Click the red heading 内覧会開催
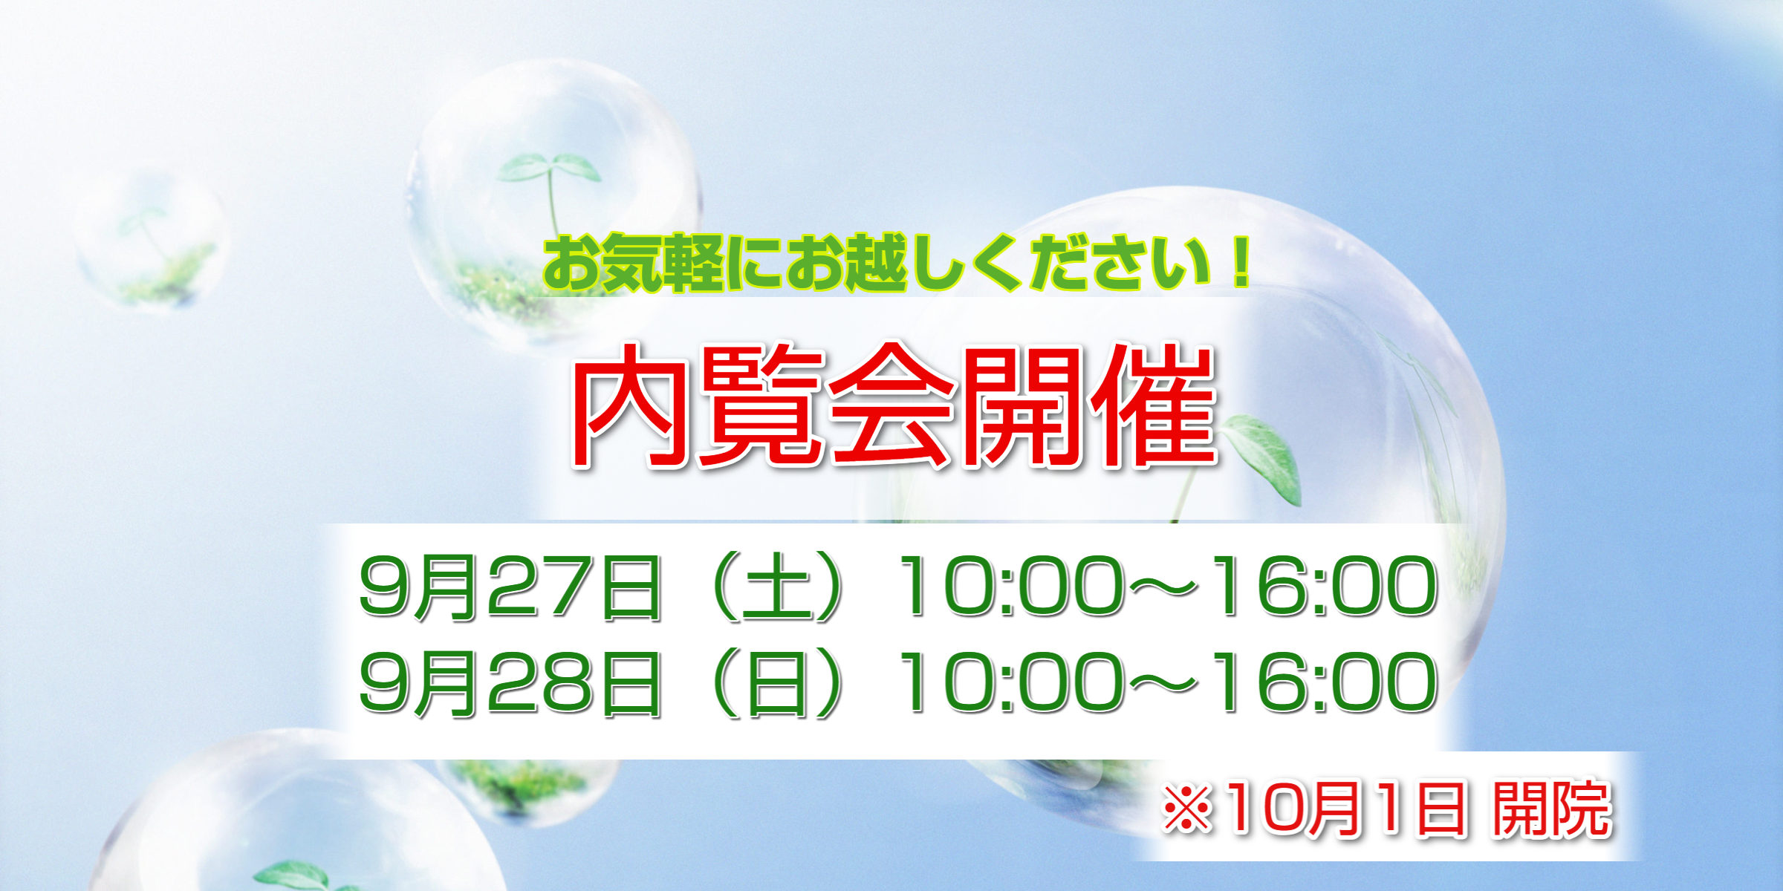[x=894, y=406]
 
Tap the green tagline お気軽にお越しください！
[x=897, y=264]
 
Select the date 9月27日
[x=510, y=587]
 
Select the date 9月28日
[x=510, y=683]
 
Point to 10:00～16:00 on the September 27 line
[x=1168, y=587]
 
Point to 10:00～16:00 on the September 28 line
[x=1168, y=683]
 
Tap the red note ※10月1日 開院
[x=1387, y=809]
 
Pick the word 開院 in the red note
[x=1553, y=809]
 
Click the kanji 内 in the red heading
[x=631, y=406]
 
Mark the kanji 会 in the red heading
[x=891, y=406]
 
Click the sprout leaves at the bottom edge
[x=297, y=876]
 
